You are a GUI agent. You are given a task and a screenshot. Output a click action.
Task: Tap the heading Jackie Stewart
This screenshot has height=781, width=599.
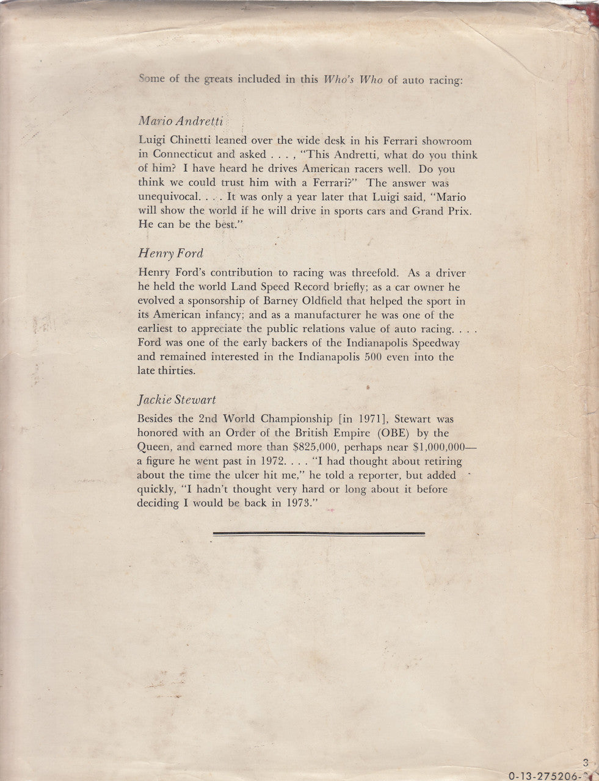177,400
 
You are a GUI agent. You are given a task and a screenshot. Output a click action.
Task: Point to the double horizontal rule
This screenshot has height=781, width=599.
319,534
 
